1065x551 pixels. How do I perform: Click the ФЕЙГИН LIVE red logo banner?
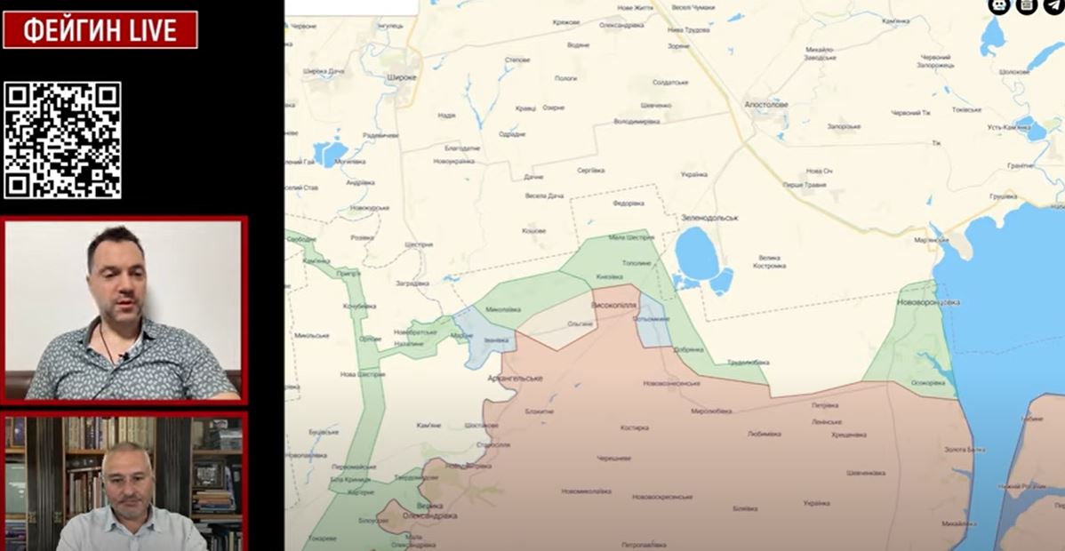(x=100, y=30)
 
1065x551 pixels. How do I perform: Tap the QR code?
(x=62, y=140)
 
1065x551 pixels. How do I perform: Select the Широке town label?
(x=402, y=78)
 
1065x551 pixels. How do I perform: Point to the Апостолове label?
(x=766, y=104)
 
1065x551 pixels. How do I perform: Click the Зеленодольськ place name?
(x=710, y=217)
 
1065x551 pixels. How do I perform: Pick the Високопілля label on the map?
(x=613, y=305)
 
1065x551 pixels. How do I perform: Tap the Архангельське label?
(x=515, y=378)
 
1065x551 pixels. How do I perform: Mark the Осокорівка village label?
(x=928, y=382)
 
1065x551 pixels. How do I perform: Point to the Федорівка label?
(x=629, y=203)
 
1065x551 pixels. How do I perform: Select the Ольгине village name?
(x=580, y=324)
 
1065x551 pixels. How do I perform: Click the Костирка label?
(x=635, y=427)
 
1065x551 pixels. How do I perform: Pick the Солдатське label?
(x=670, y=83)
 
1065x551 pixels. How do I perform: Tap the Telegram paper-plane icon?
(x=1053, y=6)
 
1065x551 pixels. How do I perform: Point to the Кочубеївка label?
(x=359, y=307)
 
